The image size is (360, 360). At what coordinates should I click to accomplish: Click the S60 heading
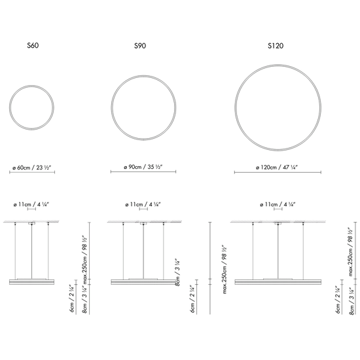coord(33,45)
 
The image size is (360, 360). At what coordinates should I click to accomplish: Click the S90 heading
coord(140,46)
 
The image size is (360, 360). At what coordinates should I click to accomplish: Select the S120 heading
coord(276,46)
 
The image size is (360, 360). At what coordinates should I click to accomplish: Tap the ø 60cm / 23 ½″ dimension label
coord(31,168)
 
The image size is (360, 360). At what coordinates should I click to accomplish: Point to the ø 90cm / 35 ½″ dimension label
coord(143,167)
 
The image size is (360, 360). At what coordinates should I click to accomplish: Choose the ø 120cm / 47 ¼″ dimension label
coord(277,168)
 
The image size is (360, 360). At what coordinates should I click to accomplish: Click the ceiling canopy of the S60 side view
coord(31,223)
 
